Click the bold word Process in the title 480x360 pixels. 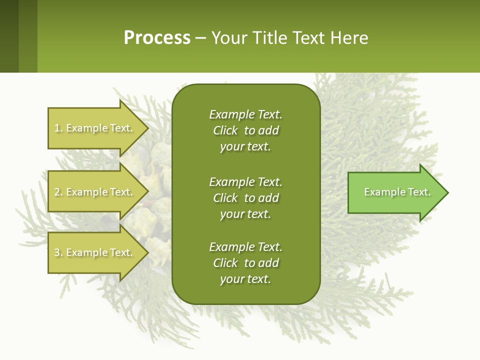coord(157,38)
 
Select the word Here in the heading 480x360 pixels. coord(349,38)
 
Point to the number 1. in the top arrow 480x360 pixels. coord(58,128)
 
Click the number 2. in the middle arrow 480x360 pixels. coord(58,192)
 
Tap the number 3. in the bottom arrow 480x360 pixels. coord(58,252)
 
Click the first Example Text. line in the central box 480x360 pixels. coord(245,114)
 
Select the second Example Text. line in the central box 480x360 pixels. coord(245,181)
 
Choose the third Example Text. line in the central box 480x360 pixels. coord(245,247)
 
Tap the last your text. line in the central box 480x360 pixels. coord(245,279)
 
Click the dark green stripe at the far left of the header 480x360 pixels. coord(9,36)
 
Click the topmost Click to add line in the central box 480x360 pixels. coord(245,130)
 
